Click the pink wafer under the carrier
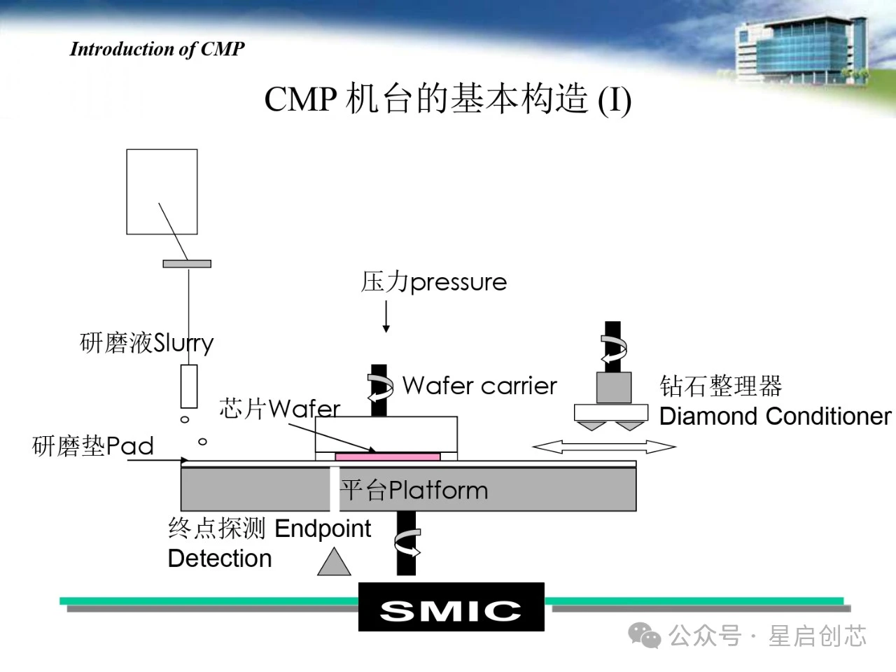coord(387,457)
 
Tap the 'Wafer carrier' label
coord(479,386)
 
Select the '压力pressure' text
coord(434,282)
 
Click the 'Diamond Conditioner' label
coord(775,416)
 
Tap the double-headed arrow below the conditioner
coord(604,447)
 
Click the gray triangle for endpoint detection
coord(334,563)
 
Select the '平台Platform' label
coord(414,490)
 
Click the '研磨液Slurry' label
coord(146,343)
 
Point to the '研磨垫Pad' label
coord(93,446)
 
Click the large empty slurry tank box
coord(162,191)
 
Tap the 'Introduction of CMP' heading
coord(157,49)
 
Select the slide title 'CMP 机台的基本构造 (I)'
coord(448,99)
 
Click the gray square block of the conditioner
coord(614,388)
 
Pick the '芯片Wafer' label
coord(279,408)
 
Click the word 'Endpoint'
coord(323,528)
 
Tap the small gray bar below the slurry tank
coord(187,264)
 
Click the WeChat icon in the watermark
coord(644,635)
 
